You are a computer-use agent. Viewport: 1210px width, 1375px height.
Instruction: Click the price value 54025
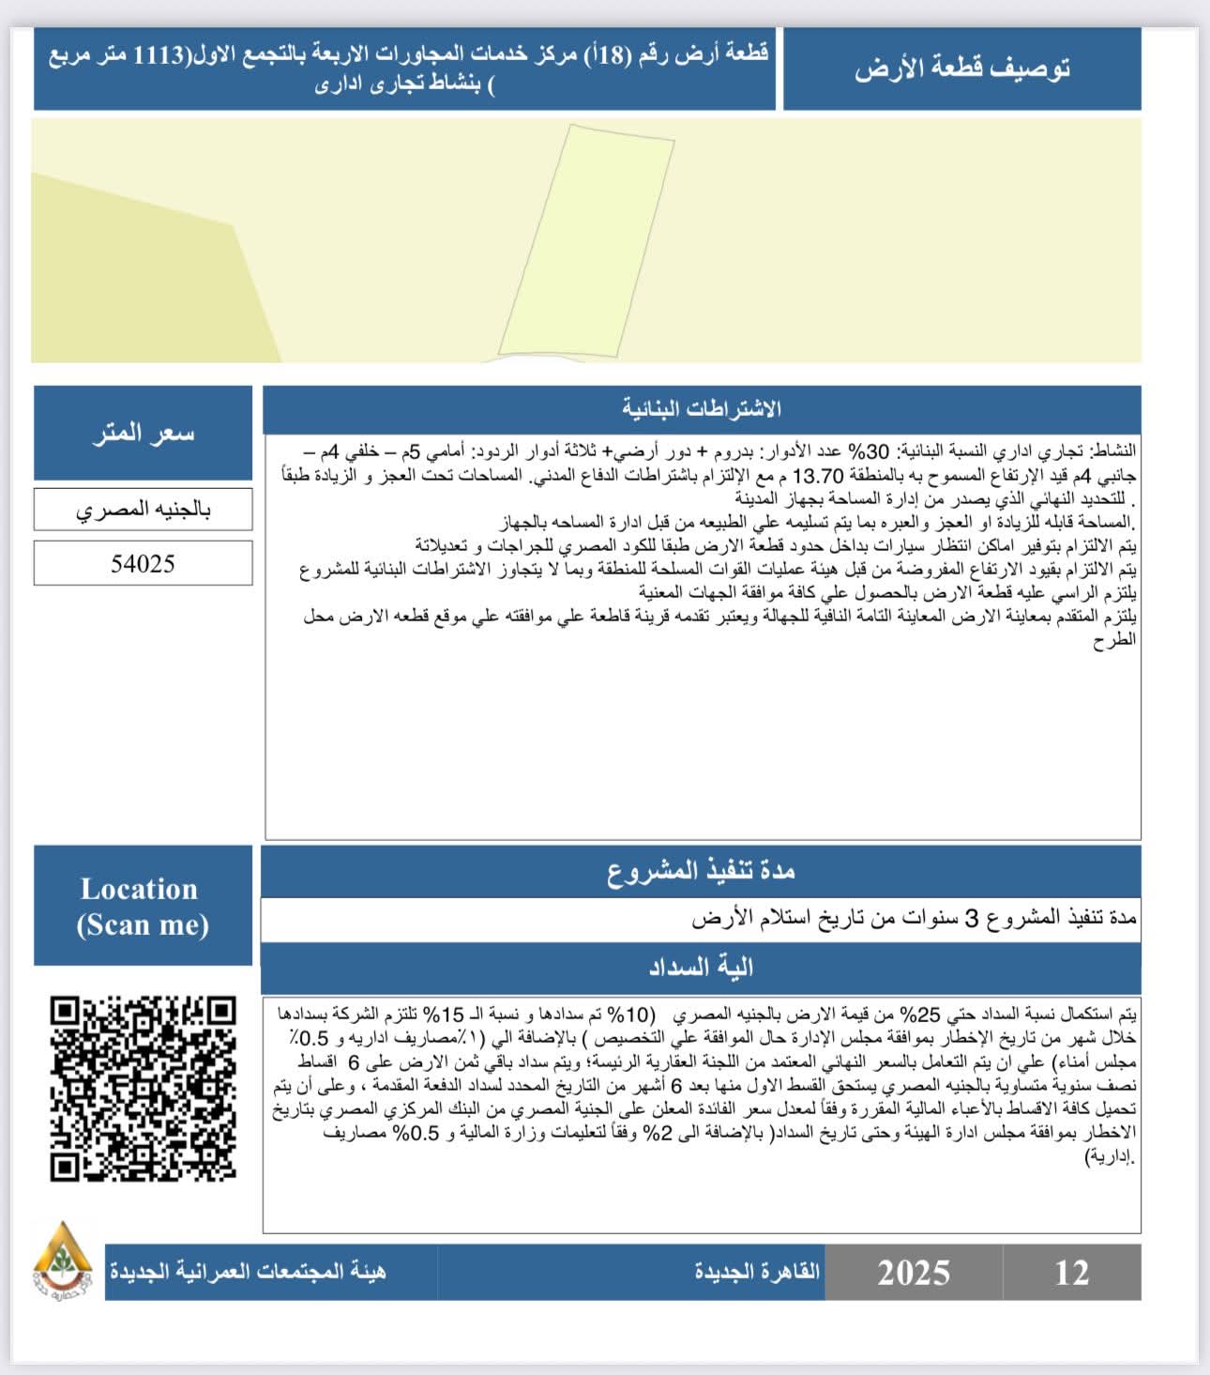click(x=143, y=563)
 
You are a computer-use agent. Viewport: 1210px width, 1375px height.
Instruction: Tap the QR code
click(x=143, y=1089)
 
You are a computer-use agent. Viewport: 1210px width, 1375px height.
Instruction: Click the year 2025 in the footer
click(x=913, y=1273)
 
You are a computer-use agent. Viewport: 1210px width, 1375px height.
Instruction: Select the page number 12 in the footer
click(x=1071, y=1273)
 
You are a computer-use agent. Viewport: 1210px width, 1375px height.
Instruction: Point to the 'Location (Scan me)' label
click(x=142, y=906)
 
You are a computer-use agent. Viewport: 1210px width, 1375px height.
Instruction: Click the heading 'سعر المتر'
click(x=143, y=433)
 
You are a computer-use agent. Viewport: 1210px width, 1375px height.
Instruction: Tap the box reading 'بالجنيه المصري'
click(x=143, y=510)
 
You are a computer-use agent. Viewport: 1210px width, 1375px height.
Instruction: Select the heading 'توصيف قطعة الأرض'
click(x=961, y=69)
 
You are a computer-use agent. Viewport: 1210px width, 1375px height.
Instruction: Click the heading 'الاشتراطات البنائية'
click(x=702, y=409)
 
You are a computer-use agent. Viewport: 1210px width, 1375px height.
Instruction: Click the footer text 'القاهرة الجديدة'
click(x=757, y=1272)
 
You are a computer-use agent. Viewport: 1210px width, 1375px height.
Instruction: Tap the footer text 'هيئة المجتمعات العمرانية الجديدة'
click(x=248, y=1272)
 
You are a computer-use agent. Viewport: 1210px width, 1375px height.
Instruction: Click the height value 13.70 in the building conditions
click(x=819, y=475)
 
